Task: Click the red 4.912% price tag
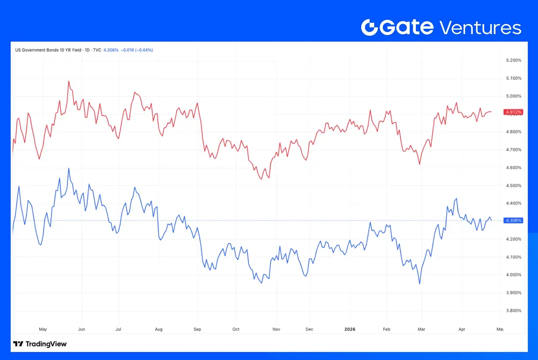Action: coord(513,112)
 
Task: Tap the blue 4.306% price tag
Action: coord(513,220)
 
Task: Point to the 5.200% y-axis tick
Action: coord(513,60)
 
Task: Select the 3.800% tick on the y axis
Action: coord(513,311)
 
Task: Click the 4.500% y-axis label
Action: coord(513,185)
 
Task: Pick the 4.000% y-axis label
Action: coord(513,275)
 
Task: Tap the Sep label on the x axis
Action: coord(197,329)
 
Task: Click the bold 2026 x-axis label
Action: coord(350,329)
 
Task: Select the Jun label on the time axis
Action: coord(81,329)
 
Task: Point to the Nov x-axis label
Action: coord(276,329)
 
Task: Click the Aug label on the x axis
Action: coord(159,329)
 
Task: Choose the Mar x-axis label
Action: coord(422,329)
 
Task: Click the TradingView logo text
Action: coord(46,344)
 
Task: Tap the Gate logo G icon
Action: coord(370,28)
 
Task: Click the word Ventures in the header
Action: coord(480,28)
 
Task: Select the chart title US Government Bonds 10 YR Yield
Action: coord(48,50)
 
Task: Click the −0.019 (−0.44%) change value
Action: coord(137,50)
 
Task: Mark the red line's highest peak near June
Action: coord(69,81)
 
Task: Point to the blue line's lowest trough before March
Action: coord(420,284)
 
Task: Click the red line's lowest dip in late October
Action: coord(261,179)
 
